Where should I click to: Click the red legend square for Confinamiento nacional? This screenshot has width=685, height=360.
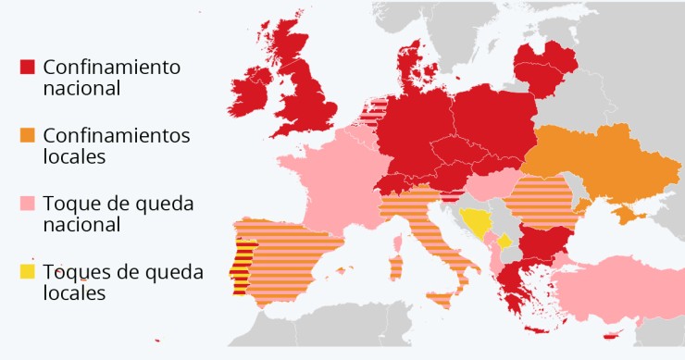point(27,67)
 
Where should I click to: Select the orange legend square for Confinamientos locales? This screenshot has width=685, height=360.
point(27,135)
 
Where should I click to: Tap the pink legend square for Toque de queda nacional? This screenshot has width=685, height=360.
point(27,203)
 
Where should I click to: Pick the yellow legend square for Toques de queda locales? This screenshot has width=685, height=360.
point(27,271)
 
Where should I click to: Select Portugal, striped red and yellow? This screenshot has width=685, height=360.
point(243,265)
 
